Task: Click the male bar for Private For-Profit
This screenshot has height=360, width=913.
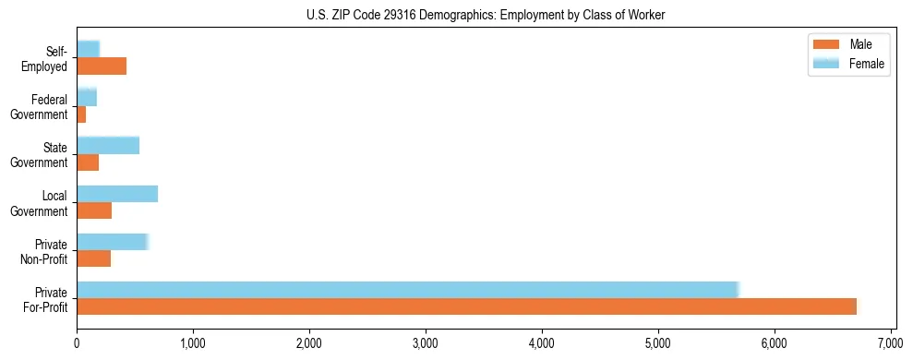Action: tap(466, 306)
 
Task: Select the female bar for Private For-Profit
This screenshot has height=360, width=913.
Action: tap(407, 290)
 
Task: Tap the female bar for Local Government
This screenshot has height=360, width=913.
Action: tap(117, 194)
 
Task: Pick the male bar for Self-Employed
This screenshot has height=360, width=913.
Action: tap(102, 66)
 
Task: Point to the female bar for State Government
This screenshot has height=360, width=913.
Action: tap(108, 145)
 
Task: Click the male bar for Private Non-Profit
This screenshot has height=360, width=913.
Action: tap(94, 258)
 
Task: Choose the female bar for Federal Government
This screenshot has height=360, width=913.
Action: tap(87, 97)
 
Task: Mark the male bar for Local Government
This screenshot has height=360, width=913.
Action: tap(94, 210)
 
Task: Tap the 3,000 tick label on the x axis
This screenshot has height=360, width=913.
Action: tap(426, 343)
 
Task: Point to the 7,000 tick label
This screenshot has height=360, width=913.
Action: tap(890, 343)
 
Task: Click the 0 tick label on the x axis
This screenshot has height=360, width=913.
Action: tap(77, 343)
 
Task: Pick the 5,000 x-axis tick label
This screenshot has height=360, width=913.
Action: tap(658, 343)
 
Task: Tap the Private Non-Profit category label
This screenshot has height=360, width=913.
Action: tap(46, 251)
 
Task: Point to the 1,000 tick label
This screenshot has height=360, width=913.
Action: tap(193, 343)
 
